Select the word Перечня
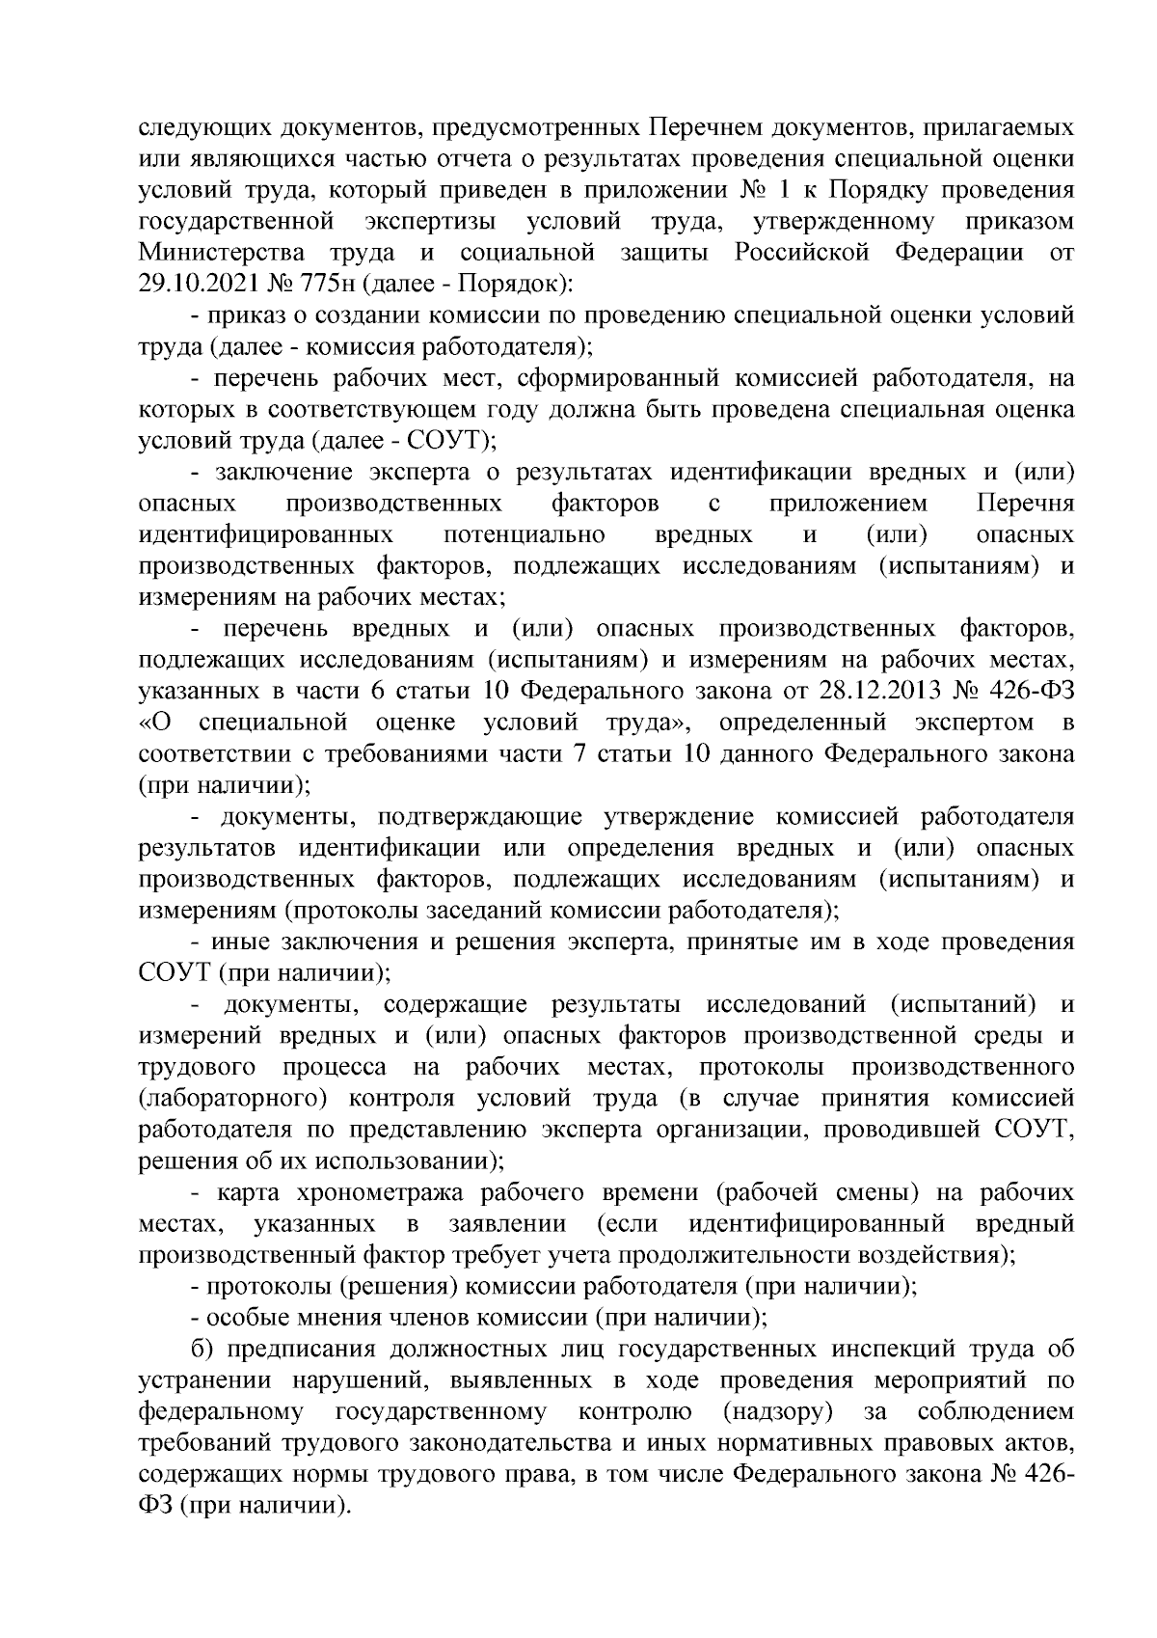click(x=1025, y=504)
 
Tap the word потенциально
click(x=525, y=534)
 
